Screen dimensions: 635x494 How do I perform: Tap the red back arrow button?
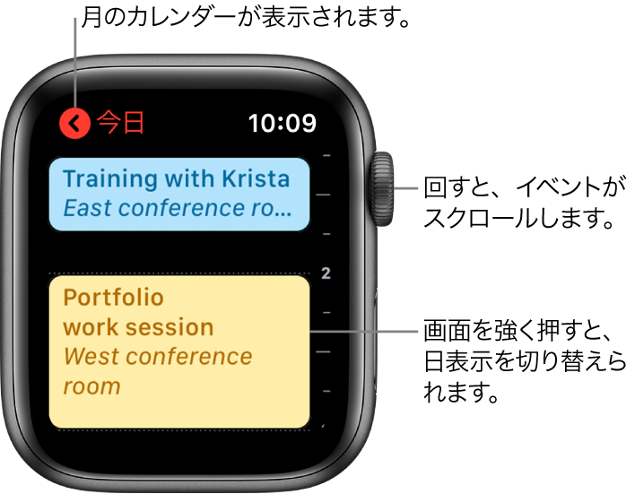point(74,123)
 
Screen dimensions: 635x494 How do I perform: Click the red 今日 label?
point(121,123)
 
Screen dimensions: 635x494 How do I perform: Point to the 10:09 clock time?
point(283,123)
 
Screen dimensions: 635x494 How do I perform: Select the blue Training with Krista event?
point(179,195)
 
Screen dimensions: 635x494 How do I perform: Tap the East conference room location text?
point(178,208)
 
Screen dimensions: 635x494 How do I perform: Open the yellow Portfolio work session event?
point(179,351)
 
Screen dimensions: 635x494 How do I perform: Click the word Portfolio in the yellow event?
point(113,299)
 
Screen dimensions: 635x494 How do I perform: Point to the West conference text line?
point(158,357)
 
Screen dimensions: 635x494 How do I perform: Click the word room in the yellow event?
point(91,386)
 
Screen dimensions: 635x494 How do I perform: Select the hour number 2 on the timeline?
point(326,273)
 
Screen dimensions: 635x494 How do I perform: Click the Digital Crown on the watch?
point(381,189)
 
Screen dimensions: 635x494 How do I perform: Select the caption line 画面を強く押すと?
point(519,331)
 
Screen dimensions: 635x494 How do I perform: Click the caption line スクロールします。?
point(519,219)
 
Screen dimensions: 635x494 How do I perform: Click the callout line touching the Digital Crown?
point(405,188)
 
